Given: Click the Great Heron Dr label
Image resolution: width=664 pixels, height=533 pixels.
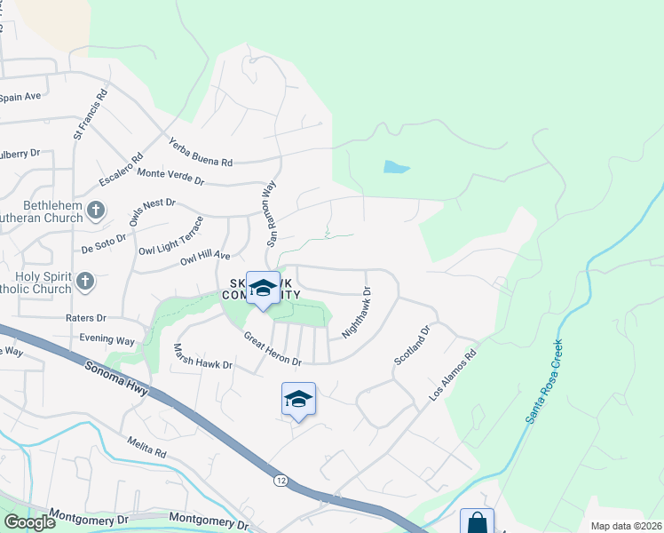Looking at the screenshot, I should (x=273, y=348).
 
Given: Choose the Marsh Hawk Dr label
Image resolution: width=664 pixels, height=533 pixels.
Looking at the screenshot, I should (x=202, y=357).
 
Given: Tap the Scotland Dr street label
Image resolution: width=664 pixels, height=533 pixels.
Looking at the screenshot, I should (x=412, y=344).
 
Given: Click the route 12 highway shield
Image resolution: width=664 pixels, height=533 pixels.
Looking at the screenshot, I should (x=280, y=480).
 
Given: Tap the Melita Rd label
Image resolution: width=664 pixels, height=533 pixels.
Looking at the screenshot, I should (x=147, y=447).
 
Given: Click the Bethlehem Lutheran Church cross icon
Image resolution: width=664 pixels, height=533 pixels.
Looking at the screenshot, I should (x=96, y=211).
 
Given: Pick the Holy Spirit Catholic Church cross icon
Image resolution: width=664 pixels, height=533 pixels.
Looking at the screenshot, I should (x=84, y=282).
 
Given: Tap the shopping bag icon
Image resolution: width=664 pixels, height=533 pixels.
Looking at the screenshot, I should (x=477, y=522).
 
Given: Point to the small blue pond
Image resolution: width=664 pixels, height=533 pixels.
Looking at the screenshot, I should (x=396, y=167).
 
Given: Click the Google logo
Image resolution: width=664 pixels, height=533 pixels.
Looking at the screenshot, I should (x=29, y=522).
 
